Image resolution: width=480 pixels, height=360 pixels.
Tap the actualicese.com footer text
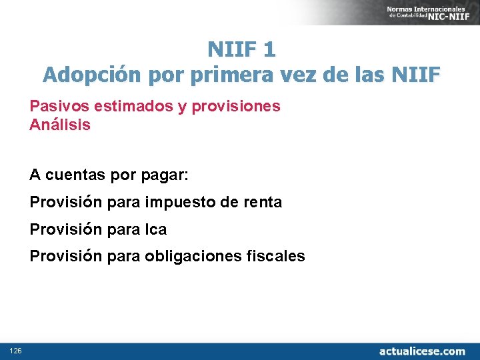[x=422, y=351]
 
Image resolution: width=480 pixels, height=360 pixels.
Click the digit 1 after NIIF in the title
[x=269, y=49]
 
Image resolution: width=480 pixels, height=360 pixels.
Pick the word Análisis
[x=60, y=125]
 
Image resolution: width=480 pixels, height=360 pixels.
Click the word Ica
[x=156, y=229]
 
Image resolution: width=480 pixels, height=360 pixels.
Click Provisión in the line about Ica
[x=66, y=229]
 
